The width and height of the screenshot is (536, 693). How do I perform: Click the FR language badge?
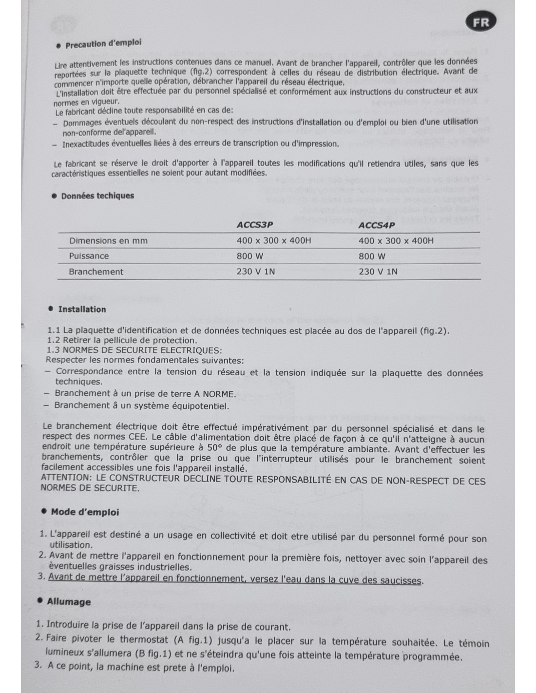(x=481, y=22)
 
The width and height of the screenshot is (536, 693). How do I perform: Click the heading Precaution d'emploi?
(x=103, y=43)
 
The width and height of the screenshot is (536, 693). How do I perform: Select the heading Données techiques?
(x=97, y=196)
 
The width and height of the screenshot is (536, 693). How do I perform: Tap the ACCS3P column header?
(x=255, y=225)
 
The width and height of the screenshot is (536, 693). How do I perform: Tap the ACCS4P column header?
(x=377, y=225)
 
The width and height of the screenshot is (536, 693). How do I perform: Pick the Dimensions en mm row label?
(x=108, y=240)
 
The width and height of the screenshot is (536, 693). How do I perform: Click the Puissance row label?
(x=89, y=256)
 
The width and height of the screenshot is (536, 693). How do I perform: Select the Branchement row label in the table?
(x=96, y=271)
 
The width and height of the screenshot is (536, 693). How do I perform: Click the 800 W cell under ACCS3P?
(x=250, y=256)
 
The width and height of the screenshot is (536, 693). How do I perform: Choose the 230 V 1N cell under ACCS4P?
(x=378, y=271)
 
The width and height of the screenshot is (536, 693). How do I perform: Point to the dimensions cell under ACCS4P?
(x=396, y=240)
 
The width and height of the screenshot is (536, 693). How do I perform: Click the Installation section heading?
(x=82, y=309)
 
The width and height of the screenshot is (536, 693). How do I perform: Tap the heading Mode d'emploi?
(x=85, y=512)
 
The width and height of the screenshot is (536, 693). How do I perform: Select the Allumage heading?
(x=69, y=601)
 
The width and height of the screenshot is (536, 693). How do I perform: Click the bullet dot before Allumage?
(x=40, y=600)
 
